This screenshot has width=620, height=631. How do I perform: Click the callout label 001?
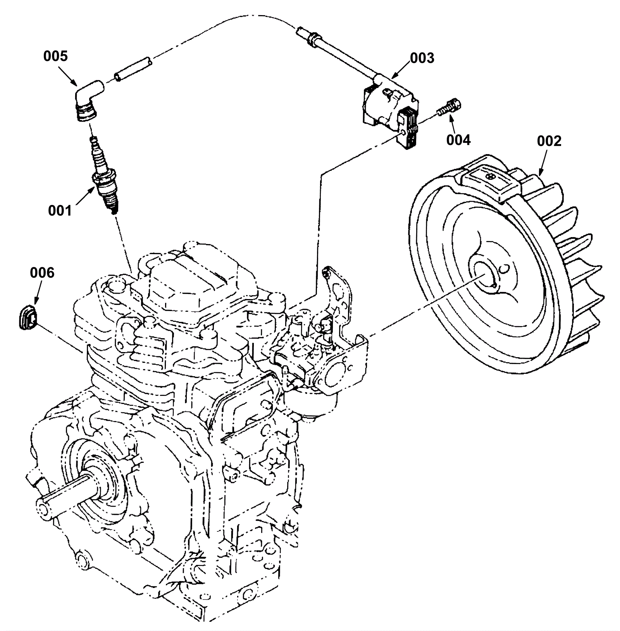60,211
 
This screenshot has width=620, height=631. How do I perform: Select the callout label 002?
549,141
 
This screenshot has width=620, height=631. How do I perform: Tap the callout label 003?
422,58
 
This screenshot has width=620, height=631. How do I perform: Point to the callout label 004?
458,140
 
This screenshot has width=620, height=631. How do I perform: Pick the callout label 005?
55,56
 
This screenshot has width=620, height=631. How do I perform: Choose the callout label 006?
42,273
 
